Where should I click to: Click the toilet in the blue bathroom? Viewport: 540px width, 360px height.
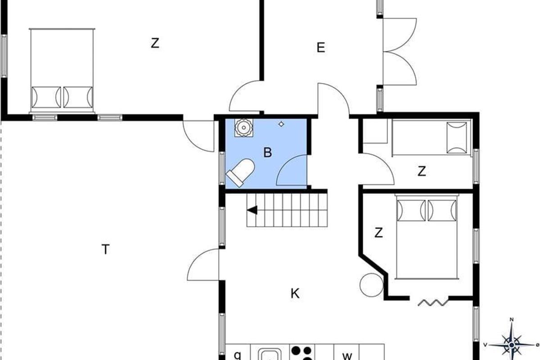[x=241, y=172]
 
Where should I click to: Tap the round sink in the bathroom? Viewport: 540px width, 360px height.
[x=244, y=127]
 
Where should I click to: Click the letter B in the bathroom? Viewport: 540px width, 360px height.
[x=268, y=153]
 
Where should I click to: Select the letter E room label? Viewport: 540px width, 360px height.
[x=320, y=48]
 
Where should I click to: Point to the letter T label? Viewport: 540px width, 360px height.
[x=106, y=249]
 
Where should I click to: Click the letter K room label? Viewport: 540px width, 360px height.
[x=295, y=293]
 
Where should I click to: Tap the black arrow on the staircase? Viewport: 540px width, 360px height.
[x=252, y=210]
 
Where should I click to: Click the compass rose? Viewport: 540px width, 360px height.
[x=511, y=345]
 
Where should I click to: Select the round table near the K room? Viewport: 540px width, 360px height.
[x=372, y=285]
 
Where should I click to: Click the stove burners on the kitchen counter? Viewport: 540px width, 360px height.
[x=302, y=353]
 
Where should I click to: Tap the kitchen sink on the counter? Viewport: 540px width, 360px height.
[x=270, y=354]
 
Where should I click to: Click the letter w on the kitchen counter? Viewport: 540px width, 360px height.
[x=347, y=356]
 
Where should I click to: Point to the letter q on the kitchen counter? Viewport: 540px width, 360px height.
[x=238, y=355]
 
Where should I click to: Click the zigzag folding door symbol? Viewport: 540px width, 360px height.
[x=433, y=302]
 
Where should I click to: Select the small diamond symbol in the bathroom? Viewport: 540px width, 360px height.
[x=281, y=124]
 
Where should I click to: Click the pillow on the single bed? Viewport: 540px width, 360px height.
[x=457, y=138]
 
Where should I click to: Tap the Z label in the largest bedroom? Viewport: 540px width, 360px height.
[x=155, y=43]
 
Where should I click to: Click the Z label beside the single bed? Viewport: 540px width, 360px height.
[x=422, y=171]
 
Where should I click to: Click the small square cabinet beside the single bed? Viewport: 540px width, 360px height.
[x=375, y=131]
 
